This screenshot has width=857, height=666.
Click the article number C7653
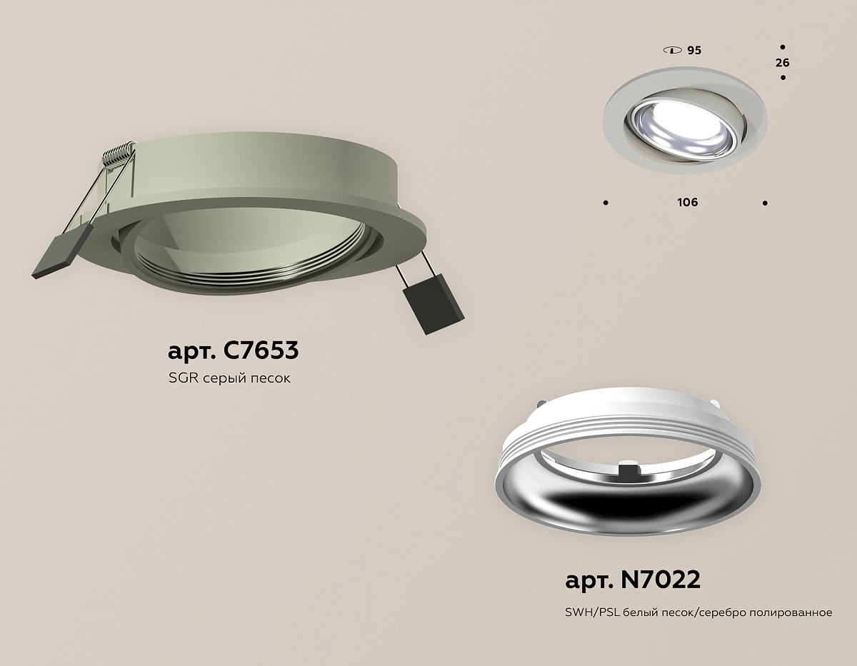[261, 350]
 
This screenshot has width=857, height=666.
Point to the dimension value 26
[783, 63]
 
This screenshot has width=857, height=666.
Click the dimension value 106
[688, 202]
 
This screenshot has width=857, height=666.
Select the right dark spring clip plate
[433, 304]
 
